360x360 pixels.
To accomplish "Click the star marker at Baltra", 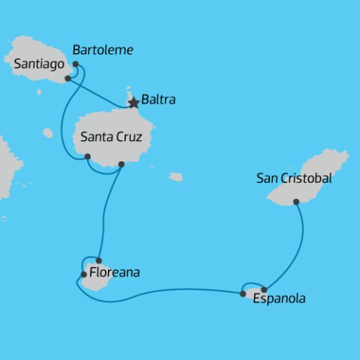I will tap(133, 103).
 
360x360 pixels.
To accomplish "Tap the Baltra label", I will tap(158, 98).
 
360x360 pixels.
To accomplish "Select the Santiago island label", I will tap(37, 65).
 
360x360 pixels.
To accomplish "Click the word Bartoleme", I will tap(103, 50).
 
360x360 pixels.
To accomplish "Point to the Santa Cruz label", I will tap(117, 137).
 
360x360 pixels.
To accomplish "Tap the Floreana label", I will tap(114, 274).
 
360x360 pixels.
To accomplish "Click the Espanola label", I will tap(280, 299).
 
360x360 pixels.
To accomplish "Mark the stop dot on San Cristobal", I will tap(296, 201).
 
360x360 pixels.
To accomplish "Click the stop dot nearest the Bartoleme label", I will tap(76, 64).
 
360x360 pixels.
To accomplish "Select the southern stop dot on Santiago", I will tap(68, 78).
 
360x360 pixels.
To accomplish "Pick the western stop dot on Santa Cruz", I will tap(88, 157).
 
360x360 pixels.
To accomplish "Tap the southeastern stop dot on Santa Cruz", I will tap(121, 164).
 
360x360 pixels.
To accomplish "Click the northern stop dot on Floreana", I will tap(98, 260).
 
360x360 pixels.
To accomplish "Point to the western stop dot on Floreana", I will tap(83, 274).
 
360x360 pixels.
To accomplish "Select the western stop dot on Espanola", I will tap(243, 293).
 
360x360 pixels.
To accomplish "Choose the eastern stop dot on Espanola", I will tap(264, 289).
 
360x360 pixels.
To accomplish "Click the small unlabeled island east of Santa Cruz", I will tap(175, 177).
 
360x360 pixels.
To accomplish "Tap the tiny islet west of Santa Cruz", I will tap(48, 133).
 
